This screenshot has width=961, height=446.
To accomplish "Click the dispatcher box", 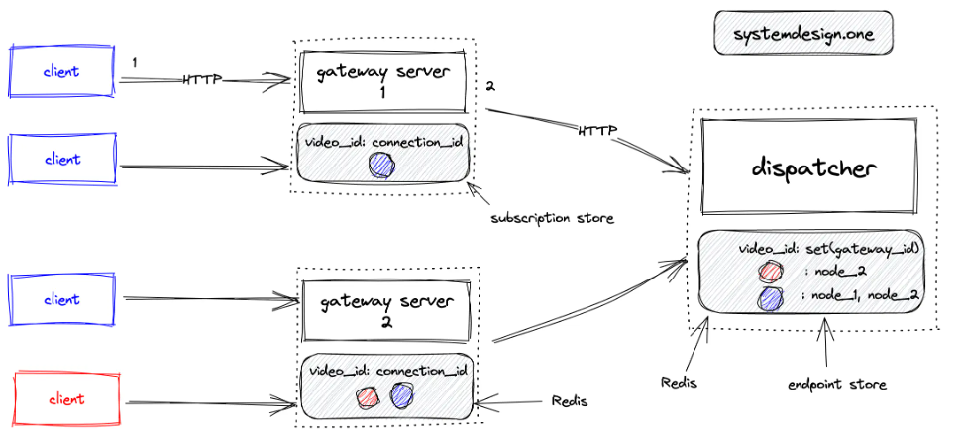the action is (x=812, y=167).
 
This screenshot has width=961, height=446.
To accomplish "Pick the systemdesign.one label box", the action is (x=803, y=33).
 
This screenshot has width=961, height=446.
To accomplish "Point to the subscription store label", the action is (x=552, y=218).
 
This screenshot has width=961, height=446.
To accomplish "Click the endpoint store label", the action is (x=836, y=385).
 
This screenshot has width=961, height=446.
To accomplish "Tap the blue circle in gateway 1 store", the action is (x=382, y=166).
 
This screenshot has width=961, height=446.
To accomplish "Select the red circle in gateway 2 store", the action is (x=369, y=396).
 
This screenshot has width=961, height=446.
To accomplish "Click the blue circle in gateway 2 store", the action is (x=401, y=395).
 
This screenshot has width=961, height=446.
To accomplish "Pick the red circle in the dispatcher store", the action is (x=769, y=271).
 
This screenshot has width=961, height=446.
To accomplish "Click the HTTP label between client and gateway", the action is (x=202, y=80).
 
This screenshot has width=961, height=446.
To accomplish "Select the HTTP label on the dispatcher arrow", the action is (x=597, y=130).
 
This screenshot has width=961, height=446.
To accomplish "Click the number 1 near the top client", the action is (x=134, y=62).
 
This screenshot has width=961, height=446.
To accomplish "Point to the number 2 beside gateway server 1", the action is (x=489, y=87).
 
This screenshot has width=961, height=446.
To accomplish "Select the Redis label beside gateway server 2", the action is (x=570, y=401).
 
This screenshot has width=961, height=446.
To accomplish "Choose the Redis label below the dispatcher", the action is (x=679, y=383).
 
